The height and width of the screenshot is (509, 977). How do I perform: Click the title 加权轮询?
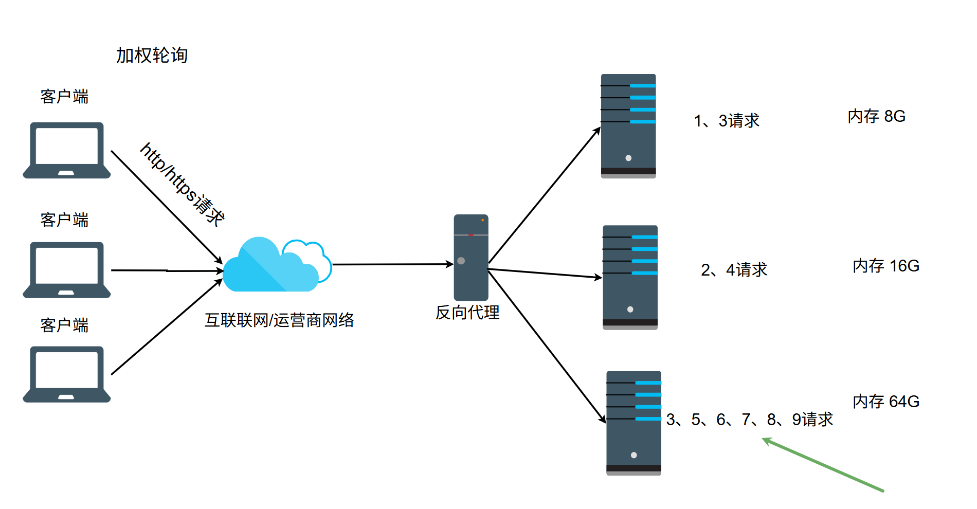click(x=152, y=56)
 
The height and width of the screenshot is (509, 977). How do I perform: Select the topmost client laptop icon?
click(x=67, y=150)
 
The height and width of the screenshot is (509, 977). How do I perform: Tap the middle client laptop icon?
click(x=67, y=270)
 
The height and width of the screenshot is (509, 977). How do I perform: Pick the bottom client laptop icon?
click(x=67, y=374)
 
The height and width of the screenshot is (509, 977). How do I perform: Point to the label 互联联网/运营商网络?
click(x=279, y=320)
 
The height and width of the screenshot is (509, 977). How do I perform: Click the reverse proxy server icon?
click(x=471, y=258)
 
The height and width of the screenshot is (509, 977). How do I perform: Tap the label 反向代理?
click(x=467, y=312)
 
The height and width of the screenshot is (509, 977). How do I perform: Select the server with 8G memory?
click(x=628, y=126)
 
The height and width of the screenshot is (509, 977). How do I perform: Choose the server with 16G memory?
click(x=630, y=278)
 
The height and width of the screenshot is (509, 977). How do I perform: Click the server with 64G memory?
click(x=634, y=423)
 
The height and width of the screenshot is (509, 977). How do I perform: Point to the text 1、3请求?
click(x=727, y=121)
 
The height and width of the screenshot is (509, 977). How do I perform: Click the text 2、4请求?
click(x=734, y=270)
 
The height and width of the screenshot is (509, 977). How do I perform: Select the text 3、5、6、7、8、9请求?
click(x=749, y=420)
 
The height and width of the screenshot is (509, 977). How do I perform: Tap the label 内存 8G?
click(x=877, y=116)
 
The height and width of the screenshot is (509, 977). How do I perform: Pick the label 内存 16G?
click(x=886, y=266)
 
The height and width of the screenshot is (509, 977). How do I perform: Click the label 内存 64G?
click(x=886, y=402)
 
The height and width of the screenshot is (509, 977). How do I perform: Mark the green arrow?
click(x=823, y=465)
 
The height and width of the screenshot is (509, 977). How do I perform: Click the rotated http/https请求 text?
click(x=183, y=184)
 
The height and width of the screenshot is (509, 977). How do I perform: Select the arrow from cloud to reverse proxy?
click(x=393, y=264)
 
